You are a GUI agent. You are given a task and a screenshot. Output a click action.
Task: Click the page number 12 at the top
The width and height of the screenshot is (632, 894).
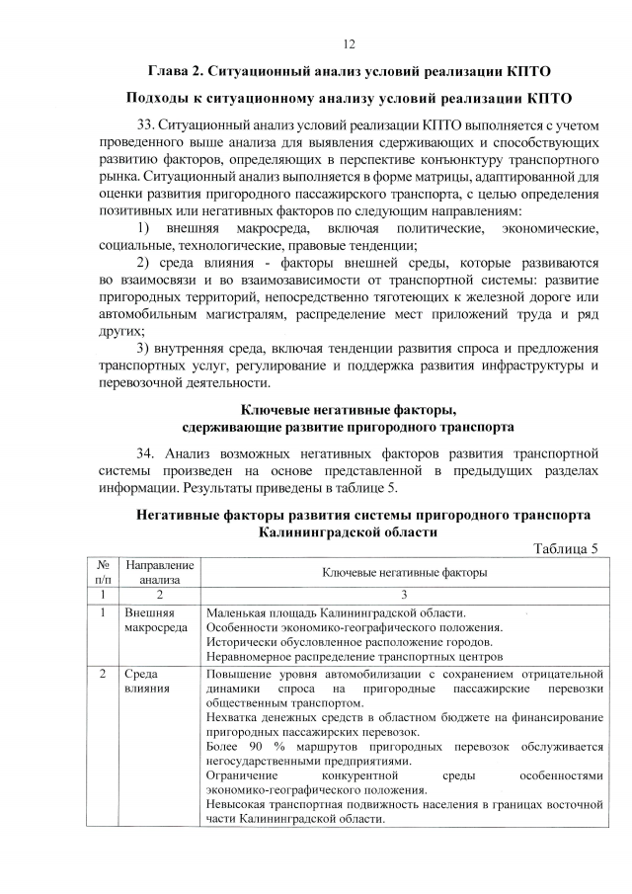(349, 43)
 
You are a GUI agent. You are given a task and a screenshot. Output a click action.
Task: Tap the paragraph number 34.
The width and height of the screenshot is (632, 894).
(148, 453)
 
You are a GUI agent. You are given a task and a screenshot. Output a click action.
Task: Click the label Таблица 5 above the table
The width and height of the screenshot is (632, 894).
(565, 549)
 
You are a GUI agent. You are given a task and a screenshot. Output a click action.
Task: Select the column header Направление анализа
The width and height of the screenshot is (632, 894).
(160, 573)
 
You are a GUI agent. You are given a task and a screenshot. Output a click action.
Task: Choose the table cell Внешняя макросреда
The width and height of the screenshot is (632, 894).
(150, 620)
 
